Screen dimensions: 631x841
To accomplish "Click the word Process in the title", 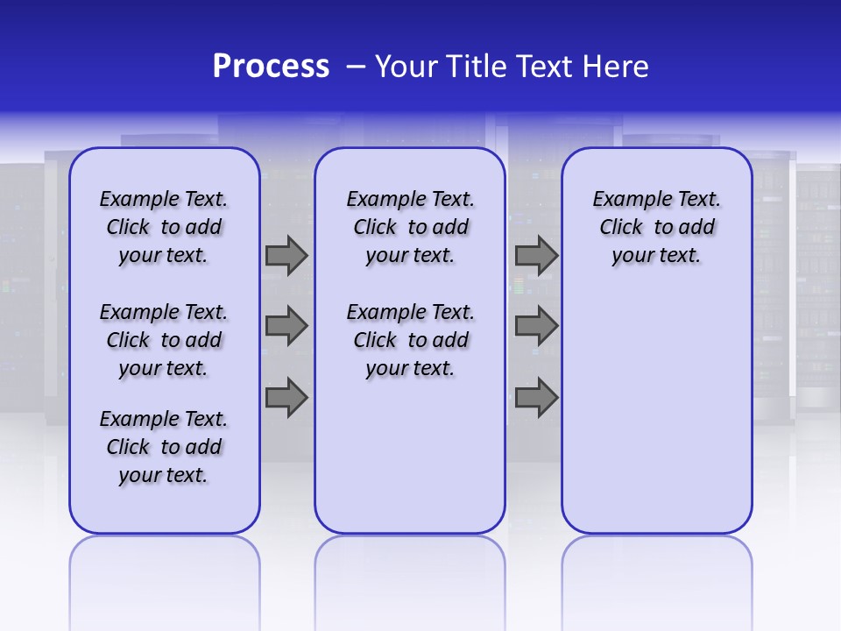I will coord(271,67).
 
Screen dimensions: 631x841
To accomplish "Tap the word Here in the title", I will coord(617,67).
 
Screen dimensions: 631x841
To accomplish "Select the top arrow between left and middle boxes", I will coord(286,255).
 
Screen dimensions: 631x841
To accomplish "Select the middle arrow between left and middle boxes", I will coord(286,326).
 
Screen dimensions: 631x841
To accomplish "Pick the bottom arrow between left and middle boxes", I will coord(286,398).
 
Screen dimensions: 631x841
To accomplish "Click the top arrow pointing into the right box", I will coord(536,255).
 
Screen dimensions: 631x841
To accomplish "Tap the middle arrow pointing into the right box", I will coord(536,326).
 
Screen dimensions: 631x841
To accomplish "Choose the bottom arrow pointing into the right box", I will coord(536,398).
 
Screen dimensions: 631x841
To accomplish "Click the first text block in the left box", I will coord(164,227).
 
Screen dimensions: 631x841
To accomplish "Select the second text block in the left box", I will coord(164,340).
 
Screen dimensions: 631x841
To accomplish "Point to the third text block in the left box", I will coord(164,447).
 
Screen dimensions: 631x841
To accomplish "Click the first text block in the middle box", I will coord(410,227).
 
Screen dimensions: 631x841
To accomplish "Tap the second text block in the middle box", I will coord(410,340).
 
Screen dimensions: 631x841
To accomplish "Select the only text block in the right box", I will coord(656,227).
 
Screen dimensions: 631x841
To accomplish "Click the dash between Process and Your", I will coord(356,67).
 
